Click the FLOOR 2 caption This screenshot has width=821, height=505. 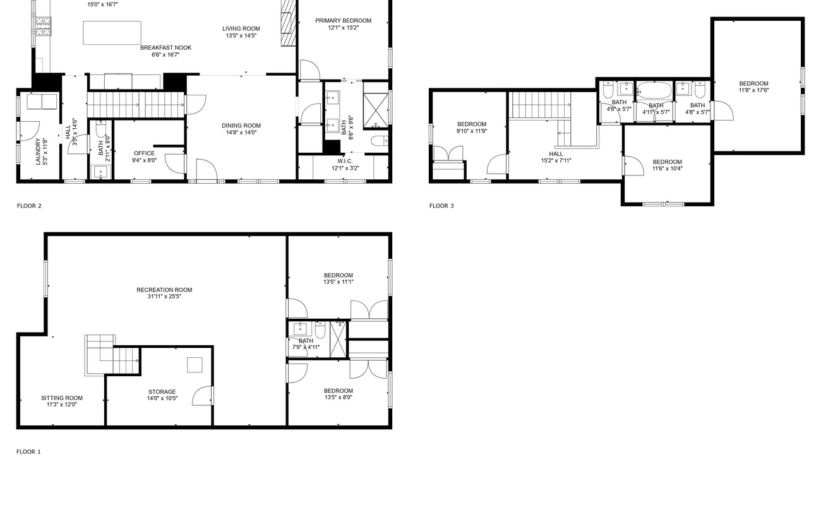pyautogui.click(x=29, y=206)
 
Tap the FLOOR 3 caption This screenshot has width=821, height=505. pyautogui.click(x=441, y=206)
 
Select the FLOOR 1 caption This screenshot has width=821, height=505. pyautogui.click(x=28, y=452)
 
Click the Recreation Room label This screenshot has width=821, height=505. pyautogui.click(x=164, y=290)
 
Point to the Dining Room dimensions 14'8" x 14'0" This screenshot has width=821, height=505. pyautogui.click(x=241, y=133)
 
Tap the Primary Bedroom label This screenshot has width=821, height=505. pyautogui.click(x=344, y=21)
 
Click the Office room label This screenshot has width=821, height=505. pyautogui.click(x=144, y=153)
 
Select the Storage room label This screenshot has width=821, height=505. pyautogui.click(x=162, y=392)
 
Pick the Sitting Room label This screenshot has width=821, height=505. pyautogui.click(x=62, y=398)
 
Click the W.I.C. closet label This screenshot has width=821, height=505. pyautogui.click(x=345, y=162)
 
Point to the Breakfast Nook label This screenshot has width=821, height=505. pyautogui.click(x=165, y=48)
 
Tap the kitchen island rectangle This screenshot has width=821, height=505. pyautogui.click(x=112, y=33)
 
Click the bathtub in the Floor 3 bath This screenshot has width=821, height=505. pyautogui.click(x=655, y=90)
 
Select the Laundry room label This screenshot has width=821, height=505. pyautogui.click(x=38, y=151)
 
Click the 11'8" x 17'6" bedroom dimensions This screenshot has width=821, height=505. pyautogui.click(x=753, y=90)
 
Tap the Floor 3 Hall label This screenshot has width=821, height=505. pyautogui.click(x=556, y=154)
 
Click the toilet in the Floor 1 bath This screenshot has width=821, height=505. pyautogui.click(x=320, y=330)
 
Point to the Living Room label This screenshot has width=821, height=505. pyautogui.click(x=241, y=28)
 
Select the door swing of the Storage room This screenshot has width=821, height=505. pyautogui.click(x=202, y=396)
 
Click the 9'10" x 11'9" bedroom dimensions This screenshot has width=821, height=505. pyautogui.click(x=472, y=131)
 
